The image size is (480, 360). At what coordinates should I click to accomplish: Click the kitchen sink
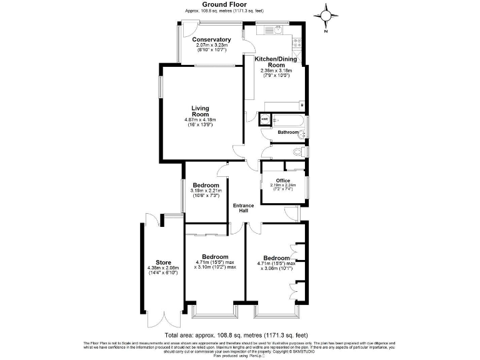pyautogui.click(x=272, y=29)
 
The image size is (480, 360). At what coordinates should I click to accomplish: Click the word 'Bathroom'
pyautogui.click(x=288, y=132)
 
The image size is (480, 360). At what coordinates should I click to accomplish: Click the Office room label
pyautogui.click(x=283, y=181)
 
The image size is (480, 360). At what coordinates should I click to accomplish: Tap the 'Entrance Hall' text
pyautogui.click(x=243, y=209)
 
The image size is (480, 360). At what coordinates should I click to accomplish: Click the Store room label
pyautogui.click(x=163, y=262)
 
